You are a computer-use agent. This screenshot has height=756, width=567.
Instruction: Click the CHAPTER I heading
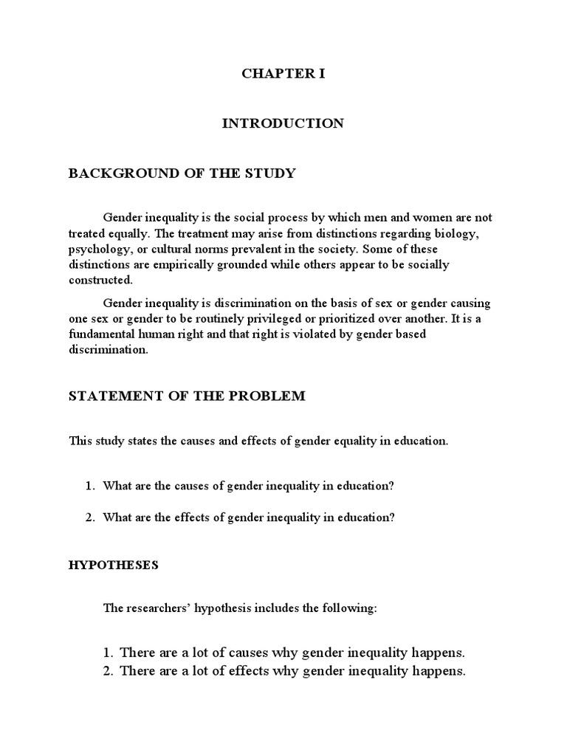(x=283, y=75)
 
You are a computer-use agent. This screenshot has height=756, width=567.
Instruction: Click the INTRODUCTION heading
(x=283, y=124)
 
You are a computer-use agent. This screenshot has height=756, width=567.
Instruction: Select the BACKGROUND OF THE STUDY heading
(x=182, y=173)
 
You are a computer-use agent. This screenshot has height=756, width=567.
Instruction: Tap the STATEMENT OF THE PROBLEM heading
(x=187, y=396)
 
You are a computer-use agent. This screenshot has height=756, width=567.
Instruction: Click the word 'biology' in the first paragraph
(x=464, y=233)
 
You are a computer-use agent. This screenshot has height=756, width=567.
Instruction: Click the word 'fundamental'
(x=101, y=334)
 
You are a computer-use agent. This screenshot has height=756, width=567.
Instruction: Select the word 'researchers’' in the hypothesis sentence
(x=162, y=608)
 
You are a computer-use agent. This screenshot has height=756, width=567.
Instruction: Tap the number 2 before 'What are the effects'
(x=89, y=518)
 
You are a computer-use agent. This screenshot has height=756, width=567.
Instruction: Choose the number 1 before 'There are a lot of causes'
(x=108, y=653)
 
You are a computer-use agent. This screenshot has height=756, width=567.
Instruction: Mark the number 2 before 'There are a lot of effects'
(x=108, y=671)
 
